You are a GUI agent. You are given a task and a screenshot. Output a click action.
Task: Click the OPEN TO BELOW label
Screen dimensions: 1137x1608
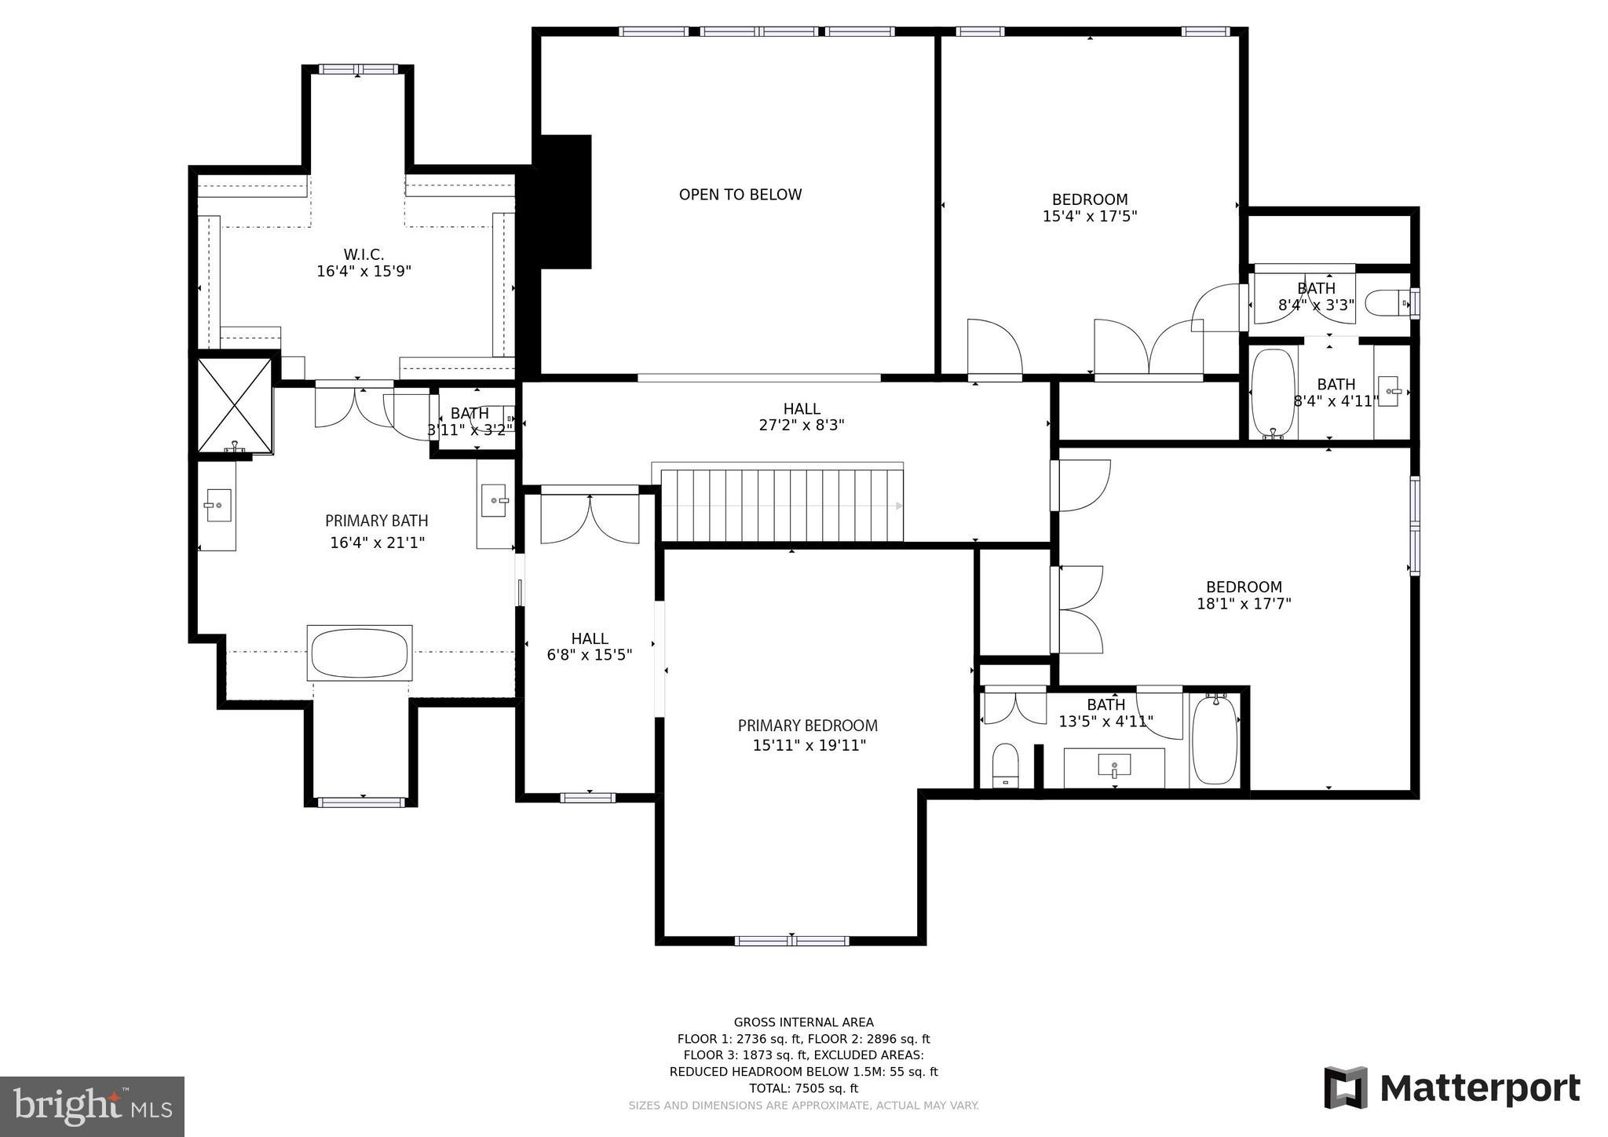point(740,195)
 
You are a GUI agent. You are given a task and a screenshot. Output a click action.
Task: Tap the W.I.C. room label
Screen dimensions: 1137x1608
point(364,254)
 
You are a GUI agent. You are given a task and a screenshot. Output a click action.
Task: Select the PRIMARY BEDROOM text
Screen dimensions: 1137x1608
point(808,726)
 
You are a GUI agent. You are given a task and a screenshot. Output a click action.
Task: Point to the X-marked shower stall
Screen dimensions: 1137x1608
point(235,405)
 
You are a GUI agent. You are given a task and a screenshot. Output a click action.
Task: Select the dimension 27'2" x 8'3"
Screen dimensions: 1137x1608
point(802,426)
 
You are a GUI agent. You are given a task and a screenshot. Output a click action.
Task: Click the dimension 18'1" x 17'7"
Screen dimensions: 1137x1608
point(1244,604)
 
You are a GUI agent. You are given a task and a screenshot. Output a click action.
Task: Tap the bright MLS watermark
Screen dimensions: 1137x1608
point(92,1106)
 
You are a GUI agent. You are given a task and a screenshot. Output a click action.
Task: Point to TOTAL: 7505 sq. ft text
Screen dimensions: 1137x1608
point(803,1088)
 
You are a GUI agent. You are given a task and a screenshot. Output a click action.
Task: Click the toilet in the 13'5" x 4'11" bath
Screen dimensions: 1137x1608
point(1005,765)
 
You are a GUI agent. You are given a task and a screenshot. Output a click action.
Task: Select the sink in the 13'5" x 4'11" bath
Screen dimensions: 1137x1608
point(1114,765)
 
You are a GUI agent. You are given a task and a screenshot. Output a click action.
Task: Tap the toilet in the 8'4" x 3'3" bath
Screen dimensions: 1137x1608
point(1385,302)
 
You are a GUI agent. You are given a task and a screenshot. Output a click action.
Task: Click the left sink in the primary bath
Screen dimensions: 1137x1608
point(217,505)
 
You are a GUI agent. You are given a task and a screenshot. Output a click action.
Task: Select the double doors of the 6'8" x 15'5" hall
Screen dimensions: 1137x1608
point(590,517)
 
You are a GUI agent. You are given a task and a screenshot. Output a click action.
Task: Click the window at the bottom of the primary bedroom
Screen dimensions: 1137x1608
point(791,940)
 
